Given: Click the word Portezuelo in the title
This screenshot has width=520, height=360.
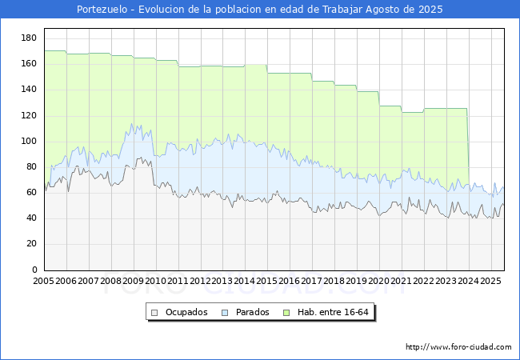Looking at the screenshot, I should [x=104, y=10].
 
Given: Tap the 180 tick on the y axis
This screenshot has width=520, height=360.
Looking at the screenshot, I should [x=30, y=38].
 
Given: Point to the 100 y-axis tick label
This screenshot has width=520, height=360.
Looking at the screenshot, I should [x=30, y=141].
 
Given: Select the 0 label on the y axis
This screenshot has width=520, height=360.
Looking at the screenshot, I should [x=34, y=270].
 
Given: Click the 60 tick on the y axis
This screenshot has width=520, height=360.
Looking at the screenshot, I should [x=32, y=192].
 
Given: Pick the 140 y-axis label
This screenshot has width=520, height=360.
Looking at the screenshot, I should [x=30, y=89].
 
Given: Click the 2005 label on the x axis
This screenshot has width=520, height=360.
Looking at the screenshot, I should [x=44, y=282].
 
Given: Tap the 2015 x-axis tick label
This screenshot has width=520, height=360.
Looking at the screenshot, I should [x=267, y=282].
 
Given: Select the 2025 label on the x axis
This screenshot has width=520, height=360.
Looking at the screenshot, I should [x=490, y=282].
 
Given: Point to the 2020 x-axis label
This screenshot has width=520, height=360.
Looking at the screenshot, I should [x=379, y=282].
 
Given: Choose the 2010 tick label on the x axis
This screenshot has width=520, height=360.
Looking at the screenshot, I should [x=156, y=282].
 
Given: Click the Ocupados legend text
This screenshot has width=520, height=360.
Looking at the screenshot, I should [x=186, y=312].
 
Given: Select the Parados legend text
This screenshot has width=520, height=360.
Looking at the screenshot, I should [x=251, y=312].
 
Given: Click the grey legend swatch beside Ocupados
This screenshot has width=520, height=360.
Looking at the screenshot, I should [x=154, y=312].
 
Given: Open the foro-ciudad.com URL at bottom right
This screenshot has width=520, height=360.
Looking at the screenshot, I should [x=458, y=347].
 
